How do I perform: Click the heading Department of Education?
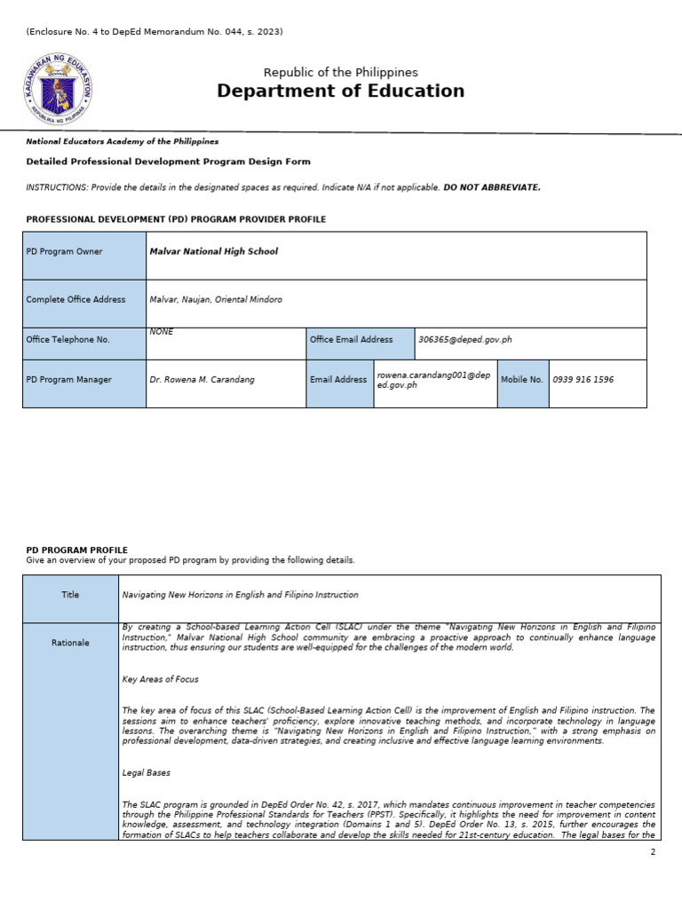[340, 91]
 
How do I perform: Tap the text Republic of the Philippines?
[340, 72]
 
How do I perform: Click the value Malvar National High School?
[213, 252]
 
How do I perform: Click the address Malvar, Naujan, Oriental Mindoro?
[216, 300]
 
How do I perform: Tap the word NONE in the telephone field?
[162, 332]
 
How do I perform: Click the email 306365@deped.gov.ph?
[465, 340]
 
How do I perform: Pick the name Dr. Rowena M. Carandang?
[202, 380]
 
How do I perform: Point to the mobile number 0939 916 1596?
[583, 380]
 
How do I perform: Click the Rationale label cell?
[70, 643]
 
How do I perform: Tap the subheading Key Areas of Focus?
[160, 679]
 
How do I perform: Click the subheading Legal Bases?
[147, 773]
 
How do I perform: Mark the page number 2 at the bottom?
[653, 852]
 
